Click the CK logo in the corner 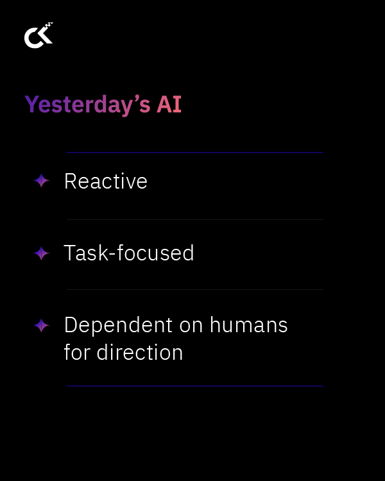tap(38, 36)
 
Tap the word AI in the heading tap(169, 105)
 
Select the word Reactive tap(106, 181)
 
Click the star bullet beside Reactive tap(42, 181)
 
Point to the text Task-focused tap(129, 253)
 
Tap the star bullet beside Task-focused tap(42, 254)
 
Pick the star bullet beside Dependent tap(42, 326)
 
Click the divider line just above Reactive tap(194, 153)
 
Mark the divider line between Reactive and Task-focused tap(194, 220)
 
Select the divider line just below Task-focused tap(194, 289)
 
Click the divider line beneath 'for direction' tap(194, 386)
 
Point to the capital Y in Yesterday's tap(31, 104)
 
